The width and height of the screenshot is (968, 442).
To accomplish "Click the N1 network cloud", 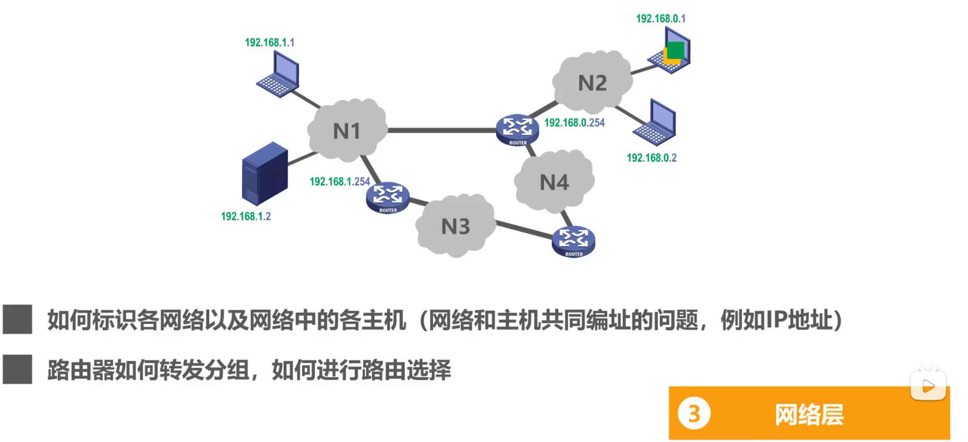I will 347,131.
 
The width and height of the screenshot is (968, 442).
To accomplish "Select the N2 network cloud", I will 592,83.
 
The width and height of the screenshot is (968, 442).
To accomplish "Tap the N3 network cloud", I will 456,226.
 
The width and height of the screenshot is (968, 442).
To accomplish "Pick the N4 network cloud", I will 554,182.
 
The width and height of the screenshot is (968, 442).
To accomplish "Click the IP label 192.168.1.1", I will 269,43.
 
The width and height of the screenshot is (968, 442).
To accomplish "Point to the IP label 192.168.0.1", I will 660,19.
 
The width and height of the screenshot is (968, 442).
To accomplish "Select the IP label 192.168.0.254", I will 574,123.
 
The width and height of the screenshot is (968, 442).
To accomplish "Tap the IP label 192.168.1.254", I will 339,182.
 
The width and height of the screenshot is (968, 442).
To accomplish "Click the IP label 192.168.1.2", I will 246,217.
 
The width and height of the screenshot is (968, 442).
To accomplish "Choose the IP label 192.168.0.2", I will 652,158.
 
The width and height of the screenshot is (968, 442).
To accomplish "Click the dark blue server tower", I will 264,173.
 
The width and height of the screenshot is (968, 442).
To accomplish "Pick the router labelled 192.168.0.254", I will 517,130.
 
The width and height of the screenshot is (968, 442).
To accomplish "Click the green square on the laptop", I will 676,50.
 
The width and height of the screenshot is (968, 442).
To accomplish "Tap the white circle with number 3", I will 694,414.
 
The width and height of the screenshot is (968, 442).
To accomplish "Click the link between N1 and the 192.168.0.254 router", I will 442,130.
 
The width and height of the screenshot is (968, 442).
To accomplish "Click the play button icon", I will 928,386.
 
